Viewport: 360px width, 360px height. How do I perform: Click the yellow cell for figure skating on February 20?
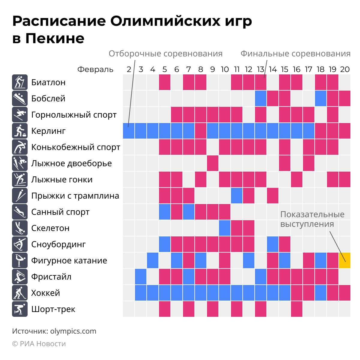click(x=345, y=260)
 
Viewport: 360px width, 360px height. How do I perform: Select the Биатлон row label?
click(x=48, y=82)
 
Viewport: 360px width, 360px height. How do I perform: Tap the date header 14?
click(x=273, y=70)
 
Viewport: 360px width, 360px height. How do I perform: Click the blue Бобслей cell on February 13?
click(x=261, y=98)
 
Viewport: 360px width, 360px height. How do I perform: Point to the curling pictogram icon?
click(x=20, y=131)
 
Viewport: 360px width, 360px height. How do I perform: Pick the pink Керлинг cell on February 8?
click(x=201, y=131)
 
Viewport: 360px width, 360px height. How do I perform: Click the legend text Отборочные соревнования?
click(x=165, y=54)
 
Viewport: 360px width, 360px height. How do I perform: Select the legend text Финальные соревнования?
click(x=295, y=54)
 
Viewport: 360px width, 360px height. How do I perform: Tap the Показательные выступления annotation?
click(x=312, y=219)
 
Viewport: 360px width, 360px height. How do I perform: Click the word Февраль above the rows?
click(x=95, y=70)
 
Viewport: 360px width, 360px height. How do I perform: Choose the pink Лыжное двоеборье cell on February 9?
click(x=213, y=163)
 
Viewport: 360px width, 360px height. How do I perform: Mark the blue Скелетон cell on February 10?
click(x=225, y=228)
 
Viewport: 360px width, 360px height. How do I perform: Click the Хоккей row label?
click(x=46, y=293)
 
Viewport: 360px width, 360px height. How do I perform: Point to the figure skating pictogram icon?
click(x=20, y=260)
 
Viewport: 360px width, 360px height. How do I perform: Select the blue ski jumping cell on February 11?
click(x=237, y=196)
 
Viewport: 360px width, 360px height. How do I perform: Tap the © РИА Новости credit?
click(x=39, y=344)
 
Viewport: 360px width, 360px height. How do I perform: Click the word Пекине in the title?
click(x=55, y=38)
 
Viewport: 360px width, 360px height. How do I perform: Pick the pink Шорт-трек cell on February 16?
click(x=297, y=309)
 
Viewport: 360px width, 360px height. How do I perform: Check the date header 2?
click(x=129, y=70)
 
